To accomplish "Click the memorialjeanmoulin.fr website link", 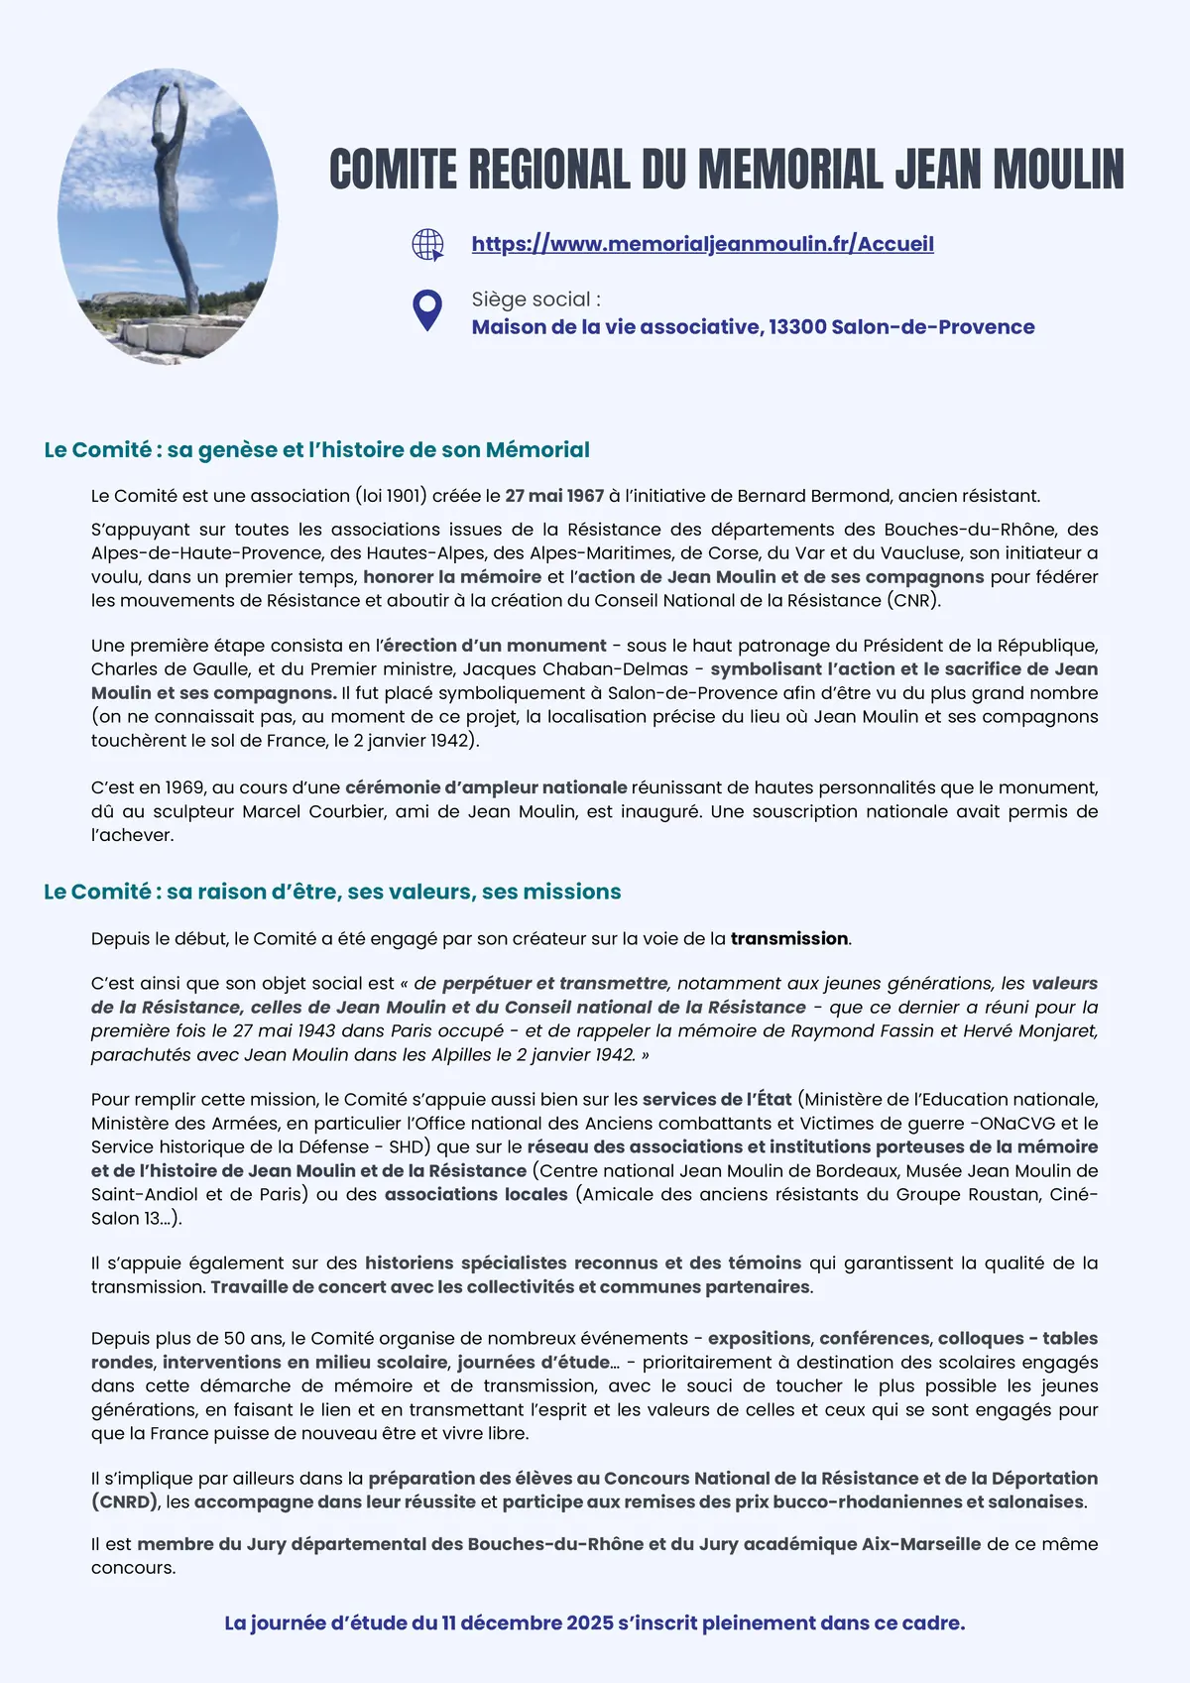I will [702, 244].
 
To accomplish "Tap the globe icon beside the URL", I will [427, 244].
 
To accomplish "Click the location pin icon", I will [427, 310].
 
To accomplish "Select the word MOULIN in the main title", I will [1058, 170].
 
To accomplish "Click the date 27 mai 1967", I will [554, 496].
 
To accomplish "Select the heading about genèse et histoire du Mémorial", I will [316, 450].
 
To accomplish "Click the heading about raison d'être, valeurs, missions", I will [332, 892].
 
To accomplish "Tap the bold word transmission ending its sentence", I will [789, 938].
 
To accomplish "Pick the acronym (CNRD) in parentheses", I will [126, 1502].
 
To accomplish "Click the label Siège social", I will [535, 300].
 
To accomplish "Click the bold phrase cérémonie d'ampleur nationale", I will [486, 787].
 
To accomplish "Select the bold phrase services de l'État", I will [717, 1099].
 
